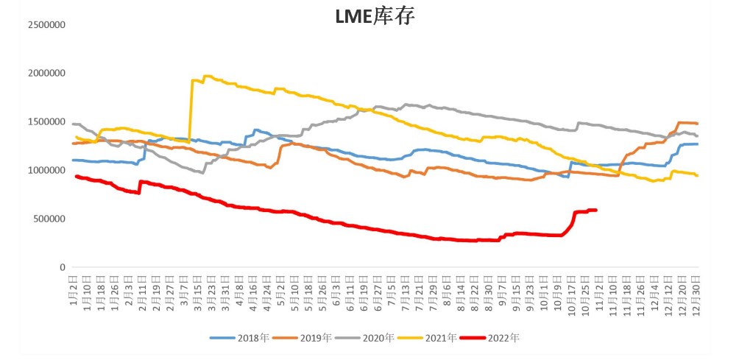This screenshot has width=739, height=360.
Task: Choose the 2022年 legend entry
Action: (491, 338)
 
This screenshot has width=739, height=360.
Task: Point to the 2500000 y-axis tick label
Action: (46, 24)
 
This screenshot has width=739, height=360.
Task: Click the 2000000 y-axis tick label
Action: (46, 73)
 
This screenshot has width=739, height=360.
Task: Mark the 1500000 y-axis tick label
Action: (46, 121)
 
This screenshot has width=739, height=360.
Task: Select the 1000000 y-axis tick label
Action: (46, 170)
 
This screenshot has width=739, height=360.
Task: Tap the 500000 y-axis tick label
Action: (49, 219)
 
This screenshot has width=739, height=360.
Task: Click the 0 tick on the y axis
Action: (62, 267)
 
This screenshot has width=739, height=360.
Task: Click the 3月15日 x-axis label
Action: (197, 289)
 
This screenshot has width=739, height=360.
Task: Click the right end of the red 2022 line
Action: (595, 210)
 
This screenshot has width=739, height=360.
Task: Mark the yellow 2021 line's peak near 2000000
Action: (207, 76)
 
